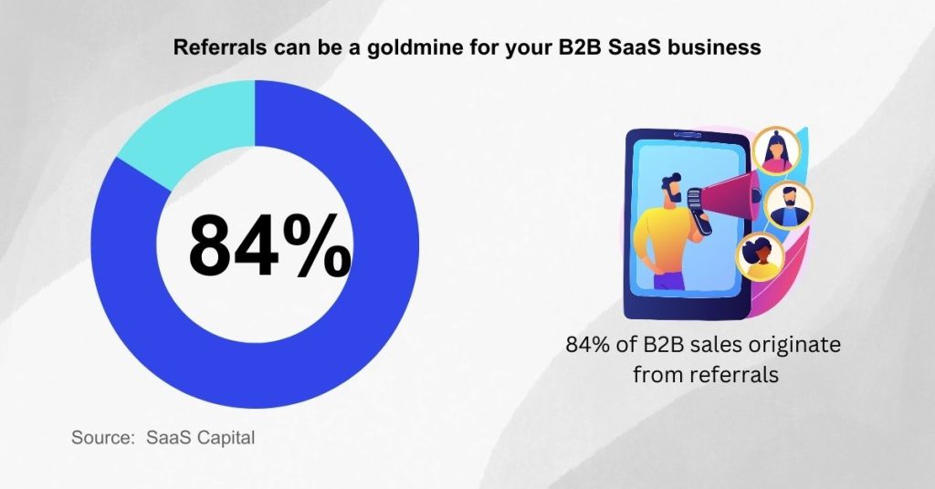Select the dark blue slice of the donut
[334, 334]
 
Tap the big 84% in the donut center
[269, 244]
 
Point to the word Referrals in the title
[220, 47]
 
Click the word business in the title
[714, 47]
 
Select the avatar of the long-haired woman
[776, 151]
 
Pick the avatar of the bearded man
[788, 205]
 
